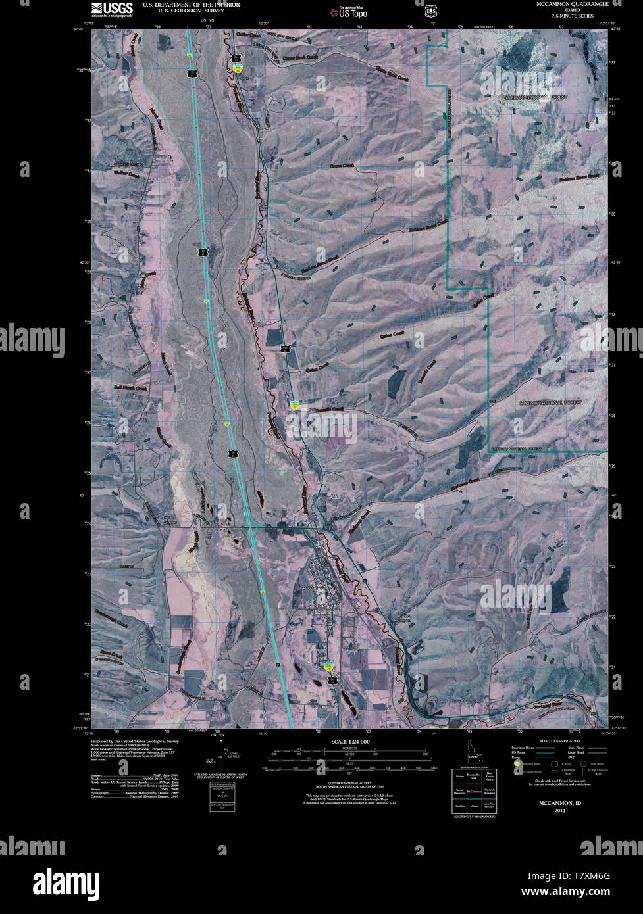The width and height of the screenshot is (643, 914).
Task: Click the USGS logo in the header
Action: point(112,9)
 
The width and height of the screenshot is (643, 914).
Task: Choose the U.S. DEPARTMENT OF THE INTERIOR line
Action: point(191,5)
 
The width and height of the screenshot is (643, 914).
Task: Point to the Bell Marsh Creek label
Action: point(131,386)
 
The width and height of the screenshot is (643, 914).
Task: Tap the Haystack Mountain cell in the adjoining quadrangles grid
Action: point(488,791)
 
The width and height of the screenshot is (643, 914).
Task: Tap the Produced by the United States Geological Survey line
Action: point(135,740)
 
